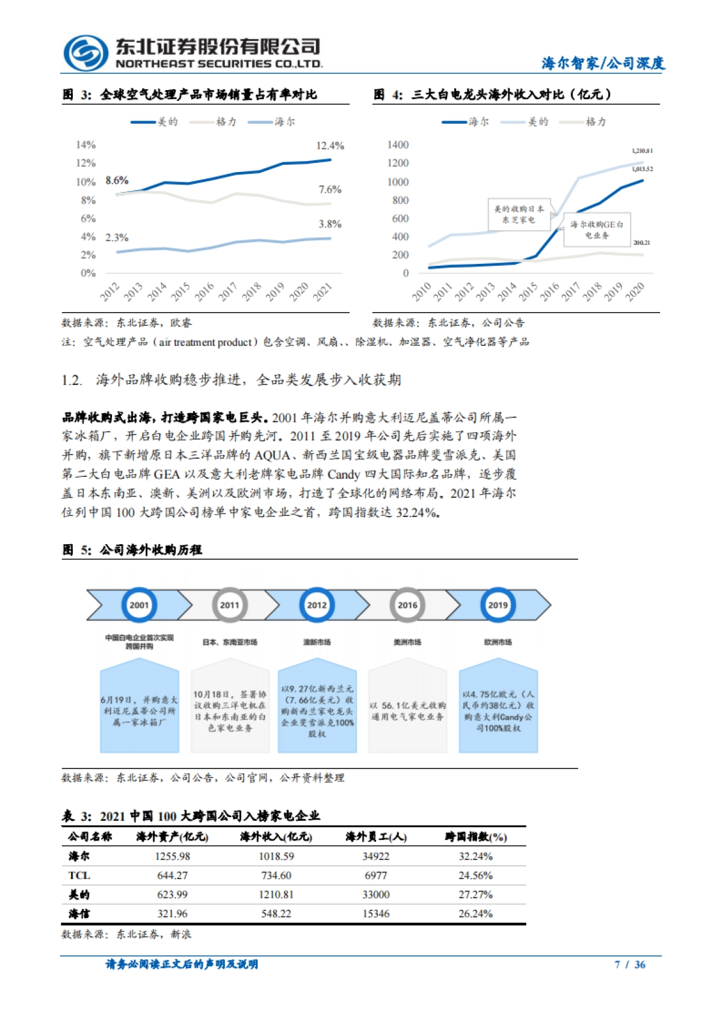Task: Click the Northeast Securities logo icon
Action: pos(85,53)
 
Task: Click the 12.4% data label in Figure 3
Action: pos(330,146)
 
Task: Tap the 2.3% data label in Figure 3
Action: pos(117,238)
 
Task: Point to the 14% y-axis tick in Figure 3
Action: pos(86,145)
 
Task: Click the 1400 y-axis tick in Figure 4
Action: pos(398,145)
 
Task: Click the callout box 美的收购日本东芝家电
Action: pos(519,215)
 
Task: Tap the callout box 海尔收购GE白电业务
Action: pos(596,230)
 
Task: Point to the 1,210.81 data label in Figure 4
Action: pos(642,150)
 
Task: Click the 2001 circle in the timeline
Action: pos(139,605)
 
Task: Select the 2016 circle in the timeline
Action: pos(407,605)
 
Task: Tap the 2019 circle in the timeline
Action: pos(498,605)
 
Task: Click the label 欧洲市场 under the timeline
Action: pos(498,642)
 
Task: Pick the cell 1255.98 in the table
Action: pos(173,856)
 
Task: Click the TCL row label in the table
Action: pos(79,875)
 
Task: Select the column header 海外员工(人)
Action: pos(376,836)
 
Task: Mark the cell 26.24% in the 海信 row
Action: pos(475,913)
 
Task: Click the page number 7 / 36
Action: pos(630,964)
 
